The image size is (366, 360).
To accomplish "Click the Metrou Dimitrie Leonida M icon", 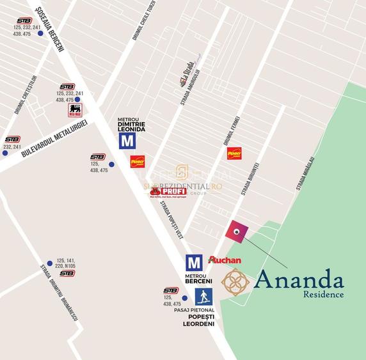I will (127, 141).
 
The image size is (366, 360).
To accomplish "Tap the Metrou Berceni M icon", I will (194, 262).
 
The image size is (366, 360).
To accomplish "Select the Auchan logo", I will (225, 260).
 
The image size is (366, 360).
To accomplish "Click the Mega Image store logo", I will (76, 110).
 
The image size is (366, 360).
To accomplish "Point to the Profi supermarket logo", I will (168, 191).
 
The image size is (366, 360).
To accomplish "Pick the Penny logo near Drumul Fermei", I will (234, 153).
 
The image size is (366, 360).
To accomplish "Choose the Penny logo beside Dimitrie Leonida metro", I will (138, 162).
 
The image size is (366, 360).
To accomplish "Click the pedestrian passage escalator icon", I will (203, 297).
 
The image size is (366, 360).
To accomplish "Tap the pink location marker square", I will (237, 232).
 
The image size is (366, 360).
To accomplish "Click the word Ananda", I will (299, 279).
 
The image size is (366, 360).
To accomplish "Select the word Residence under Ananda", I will (324, 295).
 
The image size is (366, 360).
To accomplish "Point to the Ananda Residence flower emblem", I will (235, 282).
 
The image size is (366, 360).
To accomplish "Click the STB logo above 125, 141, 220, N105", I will (67, 274).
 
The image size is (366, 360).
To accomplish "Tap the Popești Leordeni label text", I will (202, 320).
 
